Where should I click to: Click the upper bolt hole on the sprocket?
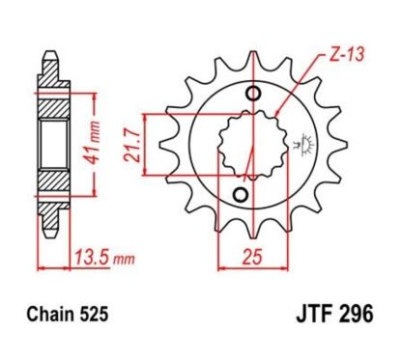point(254,94)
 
